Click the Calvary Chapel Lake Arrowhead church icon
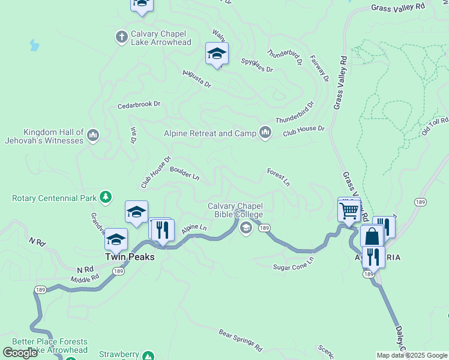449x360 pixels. [121, 37]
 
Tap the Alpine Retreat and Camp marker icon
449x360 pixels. [265, 133]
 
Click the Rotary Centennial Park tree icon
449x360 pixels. [106, 197]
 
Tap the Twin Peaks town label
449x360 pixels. [130, 257]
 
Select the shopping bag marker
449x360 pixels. [372, 236]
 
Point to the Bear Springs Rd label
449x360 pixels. [241, 340]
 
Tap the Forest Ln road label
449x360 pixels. [278, 176]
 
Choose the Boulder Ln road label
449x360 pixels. [184, 173]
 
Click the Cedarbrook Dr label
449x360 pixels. [139, 104]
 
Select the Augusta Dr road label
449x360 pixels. [197, 79]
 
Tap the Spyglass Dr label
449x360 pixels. [257, 65]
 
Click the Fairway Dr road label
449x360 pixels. [319, 69]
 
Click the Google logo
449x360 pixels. [20, 353]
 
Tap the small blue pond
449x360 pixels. [34, 46]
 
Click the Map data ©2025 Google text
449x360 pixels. [412, 355]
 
